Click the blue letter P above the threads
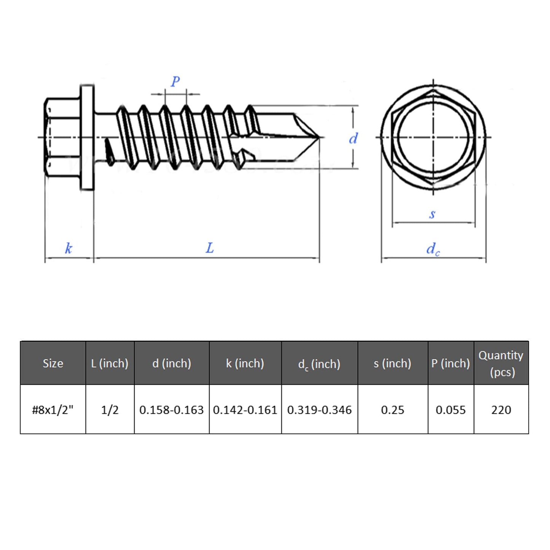tap(175, 81)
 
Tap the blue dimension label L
tap(210, 248)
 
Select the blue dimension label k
tap(69, 249)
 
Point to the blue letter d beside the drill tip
tap(353, 139)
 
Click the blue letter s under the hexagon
tap(432, 214)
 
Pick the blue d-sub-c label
tap(433, 249)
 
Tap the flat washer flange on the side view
tap(87, 137)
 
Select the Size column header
tap(53, 363)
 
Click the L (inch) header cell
tap(110, 363)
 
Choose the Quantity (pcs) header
tap(501, 363)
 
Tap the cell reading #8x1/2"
tap(53, 410)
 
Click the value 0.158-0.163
tap(171, 410)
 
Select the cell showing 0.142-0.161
tap(245, 410)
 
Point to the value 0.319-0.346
tap(319, 410)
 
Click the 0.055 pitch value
tap(451, 410)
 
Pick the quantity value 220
tap(501, 410)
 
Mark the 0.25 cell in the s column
tap(392, 410)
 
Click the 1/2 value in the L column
tap(110, 410)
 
